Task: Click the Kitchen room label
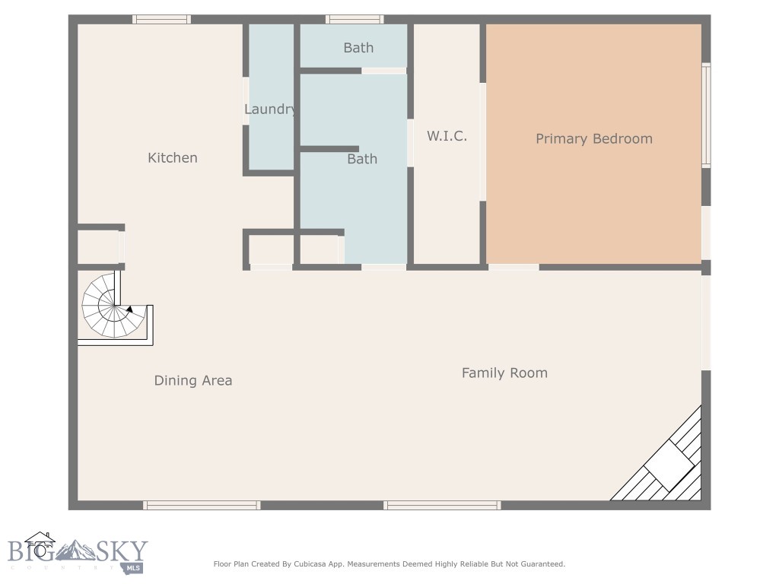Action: [x=173, y=158]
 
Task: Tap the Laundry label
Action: [x=270, y=109]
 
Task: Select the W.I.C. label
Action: [x=447, y=137]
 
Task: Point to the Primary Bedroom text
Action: [x=594, y=139]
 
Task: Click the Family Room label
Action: [x=504, y=373]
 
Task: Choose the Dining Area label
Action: [x=193, y=381]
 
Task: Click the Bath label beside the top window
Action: [x=358, y=48]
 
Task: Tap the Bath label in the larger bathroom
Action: [x=362, y=159]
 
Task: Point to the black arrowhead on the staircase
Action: [x=130, y=309]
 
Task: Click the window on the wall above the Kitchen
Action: [x=161, y=19]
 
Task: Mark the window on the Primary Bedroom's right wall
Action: [x=706, y=115]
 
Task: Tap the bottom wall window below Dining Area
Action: [x=202, y=505]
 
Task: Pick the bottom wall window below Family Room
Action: [x=442, y=505]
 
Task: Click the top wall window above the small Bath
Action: [x=355, y=19]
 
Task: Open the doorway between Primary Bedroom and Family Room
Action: [x=514, y=267]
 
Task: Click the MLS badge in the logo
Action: [x=134, y=568]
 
